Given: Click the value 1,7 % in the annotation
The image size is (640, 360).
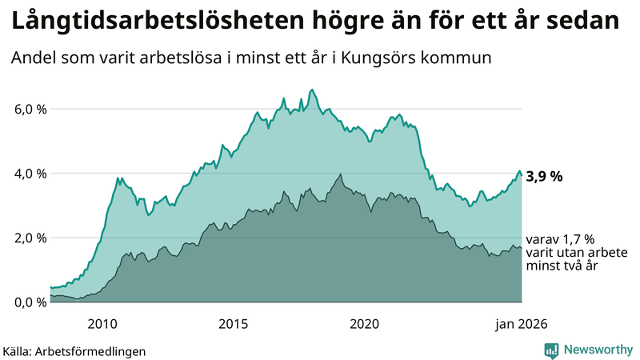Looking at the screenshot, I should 578,239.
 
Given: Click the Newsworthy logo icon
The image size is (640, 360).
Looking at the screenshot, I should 552,350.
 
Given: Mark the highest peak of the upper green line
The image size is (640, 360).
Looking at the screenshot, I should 312,90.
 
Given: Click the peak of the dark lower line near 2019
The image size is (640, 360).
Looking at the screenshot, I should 342,174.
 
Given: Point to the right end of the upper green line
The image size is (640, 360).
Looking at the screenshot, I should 522,177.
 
